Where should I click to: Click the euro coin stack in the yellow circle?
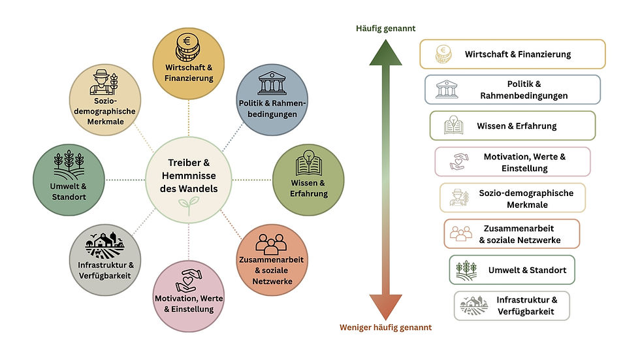[188, 47]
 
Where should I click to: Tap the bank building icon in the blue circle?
[272, 83]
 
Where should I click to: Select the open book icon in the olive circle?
[308, 163]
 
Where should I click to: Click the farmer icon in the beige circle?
[104, 82]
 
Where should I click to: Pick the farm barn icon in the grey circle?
[104, 245]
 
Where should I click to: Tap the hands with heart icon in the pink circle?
[189, 281]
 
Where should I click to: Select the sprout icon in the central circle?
[189, 205]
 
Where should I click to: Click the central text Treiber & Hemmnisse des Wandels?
[189, 176]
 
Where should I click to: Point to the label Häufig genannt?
[386, 29]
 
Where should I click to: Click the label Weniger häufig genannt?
[386, 327]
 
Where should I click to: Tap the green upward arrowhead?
[386, 53]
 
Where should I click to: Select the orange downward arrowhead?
[386, 307]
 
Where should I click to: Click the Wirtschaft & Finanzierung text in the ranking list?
[517, 54]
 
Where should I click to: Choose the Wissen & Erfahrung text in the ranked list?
[517, 126]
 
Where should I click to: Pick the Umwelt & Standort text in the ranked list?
[528, 270]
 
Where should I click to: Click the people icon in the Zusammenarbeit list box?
[461, 234]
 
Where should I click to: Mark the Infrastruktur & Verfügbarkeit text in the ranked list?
[526, 306]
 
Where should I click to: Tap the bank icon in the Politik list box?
[447, 89]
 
